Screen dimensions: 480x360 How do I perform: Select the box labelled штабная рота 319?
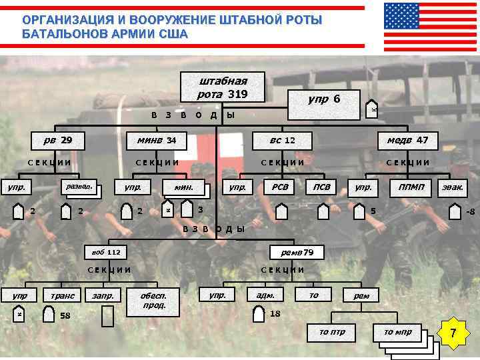(223, 87)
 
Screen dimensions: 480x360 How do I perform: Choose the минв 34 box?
(157, 141)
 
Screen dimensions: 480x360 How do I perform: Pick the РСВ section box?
(280, 187)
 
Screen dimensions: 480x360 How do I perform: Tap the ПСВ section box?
(323, 187)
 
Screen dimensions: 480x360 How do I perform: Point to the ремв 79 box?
(297, 253)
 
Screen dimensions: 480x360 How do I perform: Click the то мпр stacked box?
(398, 332)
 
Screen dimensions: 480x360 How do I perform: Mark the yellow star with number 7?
(453, 331)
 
